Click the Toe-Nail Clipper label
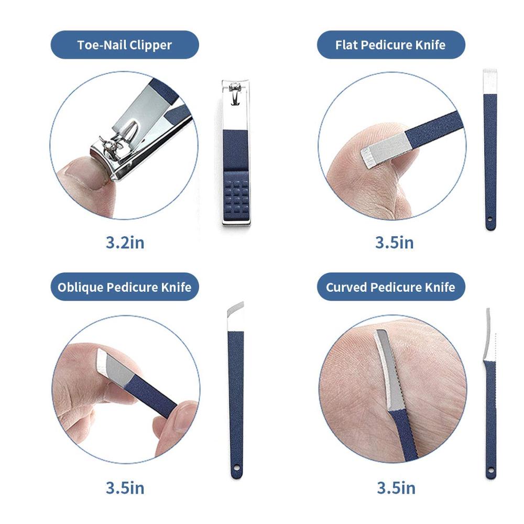(125, 45)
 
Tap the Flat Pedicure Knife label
(390, 45)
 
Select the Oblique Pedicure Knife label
(124, 287)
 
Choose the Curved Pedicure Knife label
(390, 287)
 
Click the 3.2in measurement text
(125, 242)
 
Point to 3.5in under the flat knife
(395, 242)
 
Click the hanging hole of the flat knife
(490, 220)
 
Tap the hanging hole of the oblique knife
(237, 468)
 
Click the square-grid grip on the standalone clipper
(236, 196)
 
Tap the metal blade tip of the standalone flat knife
(490, 81)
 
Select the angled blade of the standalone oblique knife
(236, 316)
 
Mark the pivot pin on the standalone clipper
(235, 87)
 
